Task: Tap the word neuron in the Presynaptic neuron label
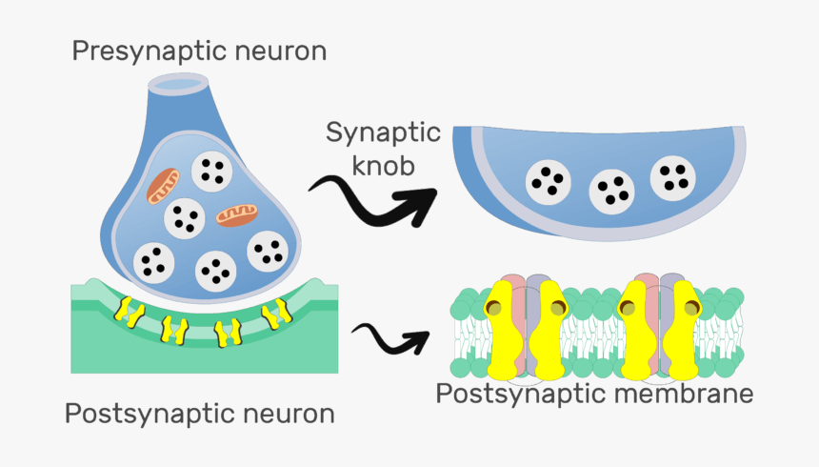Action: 281,51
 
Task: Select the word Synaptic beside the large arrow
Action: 383,132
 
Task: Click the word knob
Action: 383,166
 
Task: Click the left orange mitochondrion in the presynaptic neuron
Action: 163,185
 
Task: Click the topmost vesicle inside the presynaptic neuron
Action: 211,172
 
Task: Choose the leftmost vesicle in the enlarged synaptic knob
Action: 549,181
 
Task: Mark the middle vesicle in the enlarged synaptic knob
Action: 611,191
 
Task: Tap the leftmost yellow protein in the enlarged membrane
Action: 497,329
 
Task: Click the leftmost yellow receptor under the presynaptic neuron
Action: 124,307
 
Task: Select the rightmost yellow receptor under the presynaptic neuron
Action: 278,312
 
